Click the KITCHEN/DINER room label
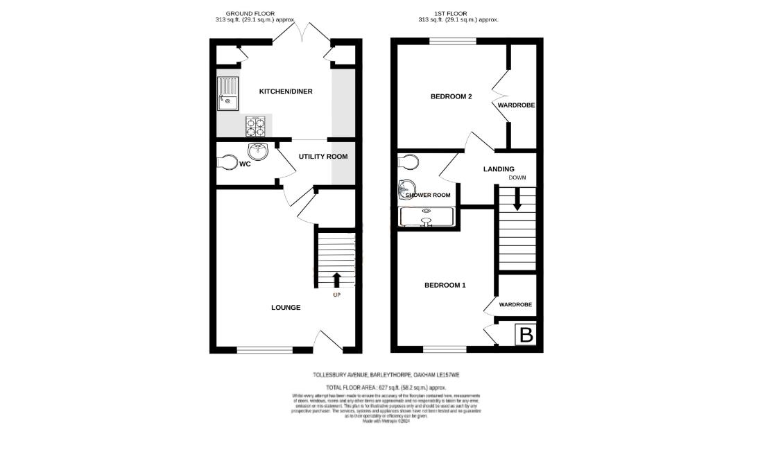[x=286, y=92]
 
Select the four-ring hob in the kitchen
[x=255, y=126]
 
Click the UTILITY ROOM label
[x=323, y=157]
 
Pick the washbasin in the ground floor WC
[x=258, y=148]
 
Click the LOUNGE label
[x=286, y=307]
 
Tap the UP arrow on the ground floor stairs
[x=337, y=280]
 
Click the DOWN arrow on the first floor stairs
[x=517, y=200]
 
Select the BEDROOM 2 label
[x=452, y=96]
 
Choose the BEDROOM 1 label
[x=445, y=285]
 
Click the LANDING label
[x=499, y=169]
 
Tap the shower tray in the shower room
[x=426, y=217]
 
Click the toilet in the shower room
[x=409, y=162]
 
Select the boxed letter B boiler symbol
[x=526, y=336]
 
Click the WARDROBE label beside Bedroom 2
[x=516, y=105]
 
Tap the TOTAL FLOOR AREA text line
[x=386, y=387]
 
